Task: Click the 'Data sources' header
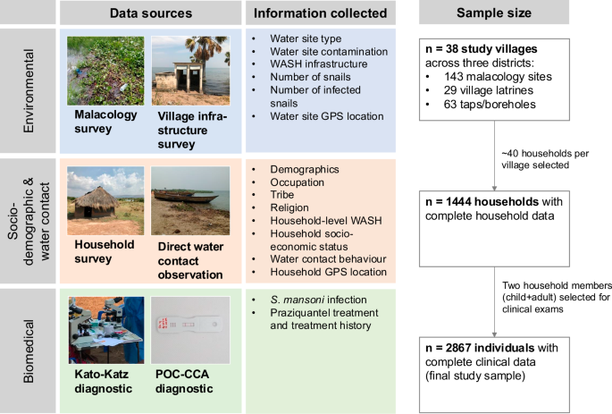150,13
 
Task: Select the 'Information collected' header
320,13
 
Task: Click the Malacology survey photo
105,71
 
